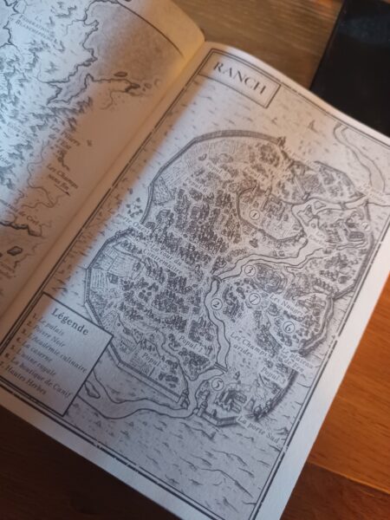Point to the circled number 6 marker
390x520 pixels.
(287, 327)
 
